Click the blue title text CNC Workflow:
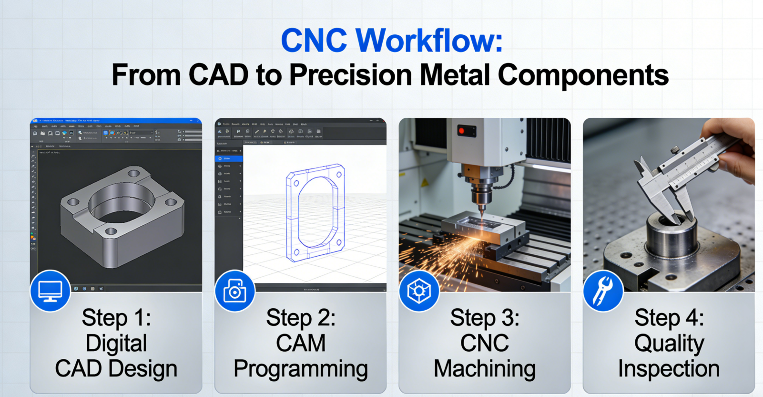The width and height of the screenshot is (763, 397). [391, 41]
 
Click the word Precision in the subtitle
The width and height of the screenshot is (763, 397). [351, 75]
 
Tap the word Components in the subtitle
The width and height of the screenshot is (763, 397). [583, 75]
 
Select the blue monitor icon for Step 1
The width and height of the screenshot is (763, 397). [51, 291]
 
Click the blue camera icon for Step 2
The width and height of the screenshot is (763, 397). [234, 291]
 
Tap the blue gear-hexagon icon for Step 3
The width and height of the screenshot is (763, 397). [419, 291]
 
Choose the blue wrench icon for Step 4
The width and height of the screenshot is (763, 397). [603, 291]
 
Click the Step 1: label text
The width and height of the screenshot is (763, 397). [116, 318]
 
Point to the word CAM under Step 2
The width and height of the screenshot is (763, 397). [301, 344]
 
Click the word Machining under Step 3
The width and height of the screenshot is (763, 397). [485, 369]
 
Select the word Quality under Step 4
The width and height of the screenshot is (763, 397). [669, 344]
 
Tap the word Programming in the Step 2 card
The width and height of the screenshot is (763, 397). [301, 369]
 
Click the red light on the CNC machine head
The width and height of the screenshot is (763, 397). [461, 130]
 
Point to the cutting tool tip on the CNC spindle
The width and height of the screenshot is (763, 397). [482, 213]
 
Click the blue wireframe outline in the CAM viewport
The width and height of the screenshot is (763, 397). [315, 212]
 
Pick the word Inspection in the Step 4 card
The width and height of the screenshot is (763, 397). [669, 369]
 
